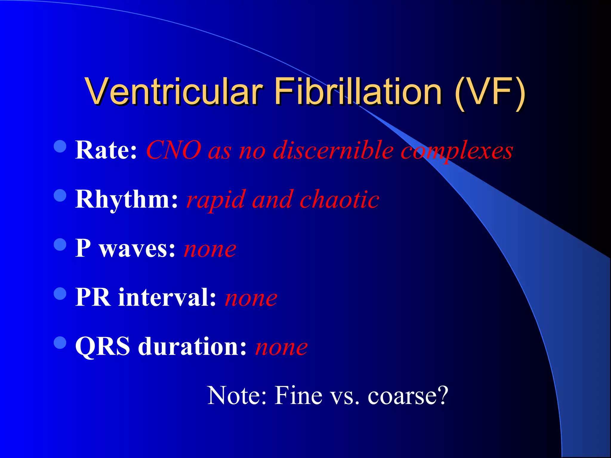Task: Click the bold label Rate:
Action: [x=106, y=150]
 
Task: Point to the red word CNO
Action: [x=174, y=150]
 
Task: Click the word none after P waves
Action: [x=210, y=249]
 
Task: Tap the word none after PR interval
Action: [x=251, y=298]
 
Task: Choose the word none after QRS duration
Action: [x=281, y=347]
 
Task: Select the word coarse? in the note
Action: [x=408, y=396]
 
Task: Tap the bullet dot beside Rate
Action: [x=60, y=146]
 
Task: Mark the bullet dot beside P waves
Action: [x=60, y=245]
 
